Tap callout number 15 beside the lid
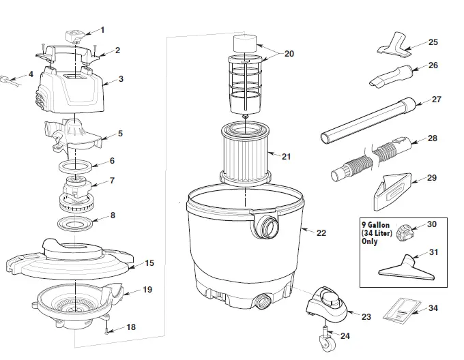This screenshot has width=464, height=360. pos(150,263)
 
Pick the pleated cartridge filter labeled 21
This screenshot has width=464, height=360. pos(245,154)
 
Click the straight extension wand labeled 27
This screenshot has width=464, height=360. pos(368,120)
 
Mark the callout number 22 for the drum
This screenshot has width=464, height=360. pos(321,232)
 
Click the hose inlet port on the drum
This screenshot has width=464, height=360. pos(267,226)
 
